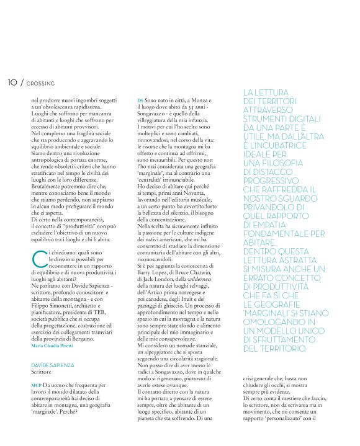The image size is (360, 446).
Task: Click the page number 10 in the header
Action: (12, 83)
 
